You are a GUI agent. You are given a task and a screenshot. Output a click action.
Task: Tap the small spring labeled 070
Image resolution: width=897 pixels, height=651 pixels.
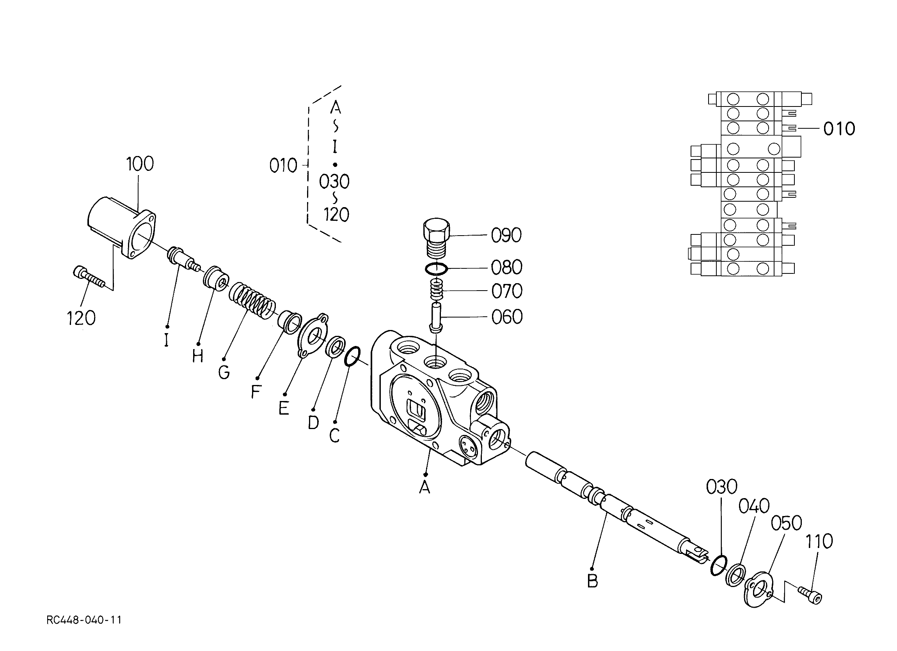[436, 289]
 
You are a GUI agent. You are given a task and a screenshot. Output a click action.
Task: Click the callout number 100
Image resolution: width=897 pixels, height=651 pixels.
[140, 164]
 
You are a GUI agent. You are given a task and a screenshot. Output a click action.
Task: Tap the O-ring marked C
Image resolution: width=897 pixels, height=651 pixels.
[352, 357]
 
